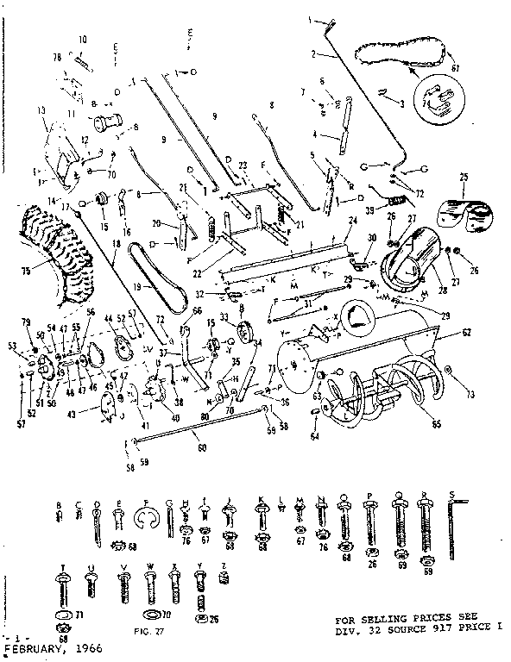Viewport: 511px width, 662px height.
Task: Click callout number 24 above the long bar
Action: [x=353, y=221]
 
